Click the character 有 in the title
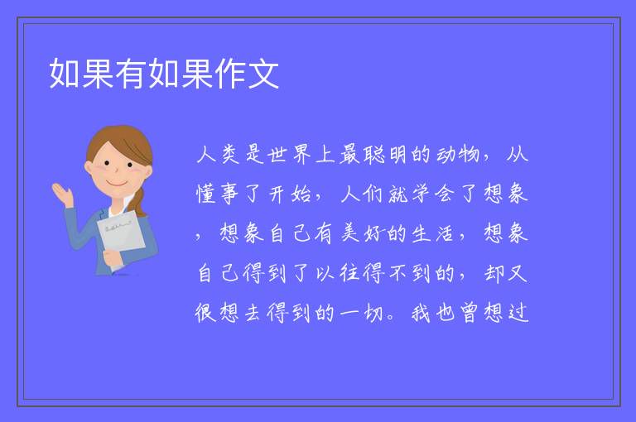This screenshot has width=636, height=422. (131, 74)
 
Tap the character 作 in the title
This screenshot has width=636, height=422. (230, 74)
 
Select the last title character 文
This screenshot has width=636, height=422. (263, 74)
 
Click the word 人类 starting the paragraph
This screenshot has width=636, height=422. (219, 155)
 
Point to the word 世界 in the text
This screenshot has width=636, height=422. (290, 155)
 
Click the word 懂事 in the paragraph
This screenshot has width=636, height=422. (218, 194)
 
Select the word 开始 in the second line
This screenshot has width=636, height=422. (290, 194)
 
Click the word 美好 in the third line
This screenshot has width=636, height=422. (361, 233)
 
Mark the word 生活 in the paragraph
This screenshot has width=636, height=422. (432, 233)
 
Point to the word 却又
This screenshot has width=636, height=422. (505, 272)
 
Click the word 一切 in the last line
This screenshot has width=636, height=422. (361, 313)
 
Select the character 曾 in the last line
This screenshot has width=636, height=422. (469, 313)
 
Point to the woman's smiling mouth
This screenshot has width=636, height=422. (117, 184)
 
